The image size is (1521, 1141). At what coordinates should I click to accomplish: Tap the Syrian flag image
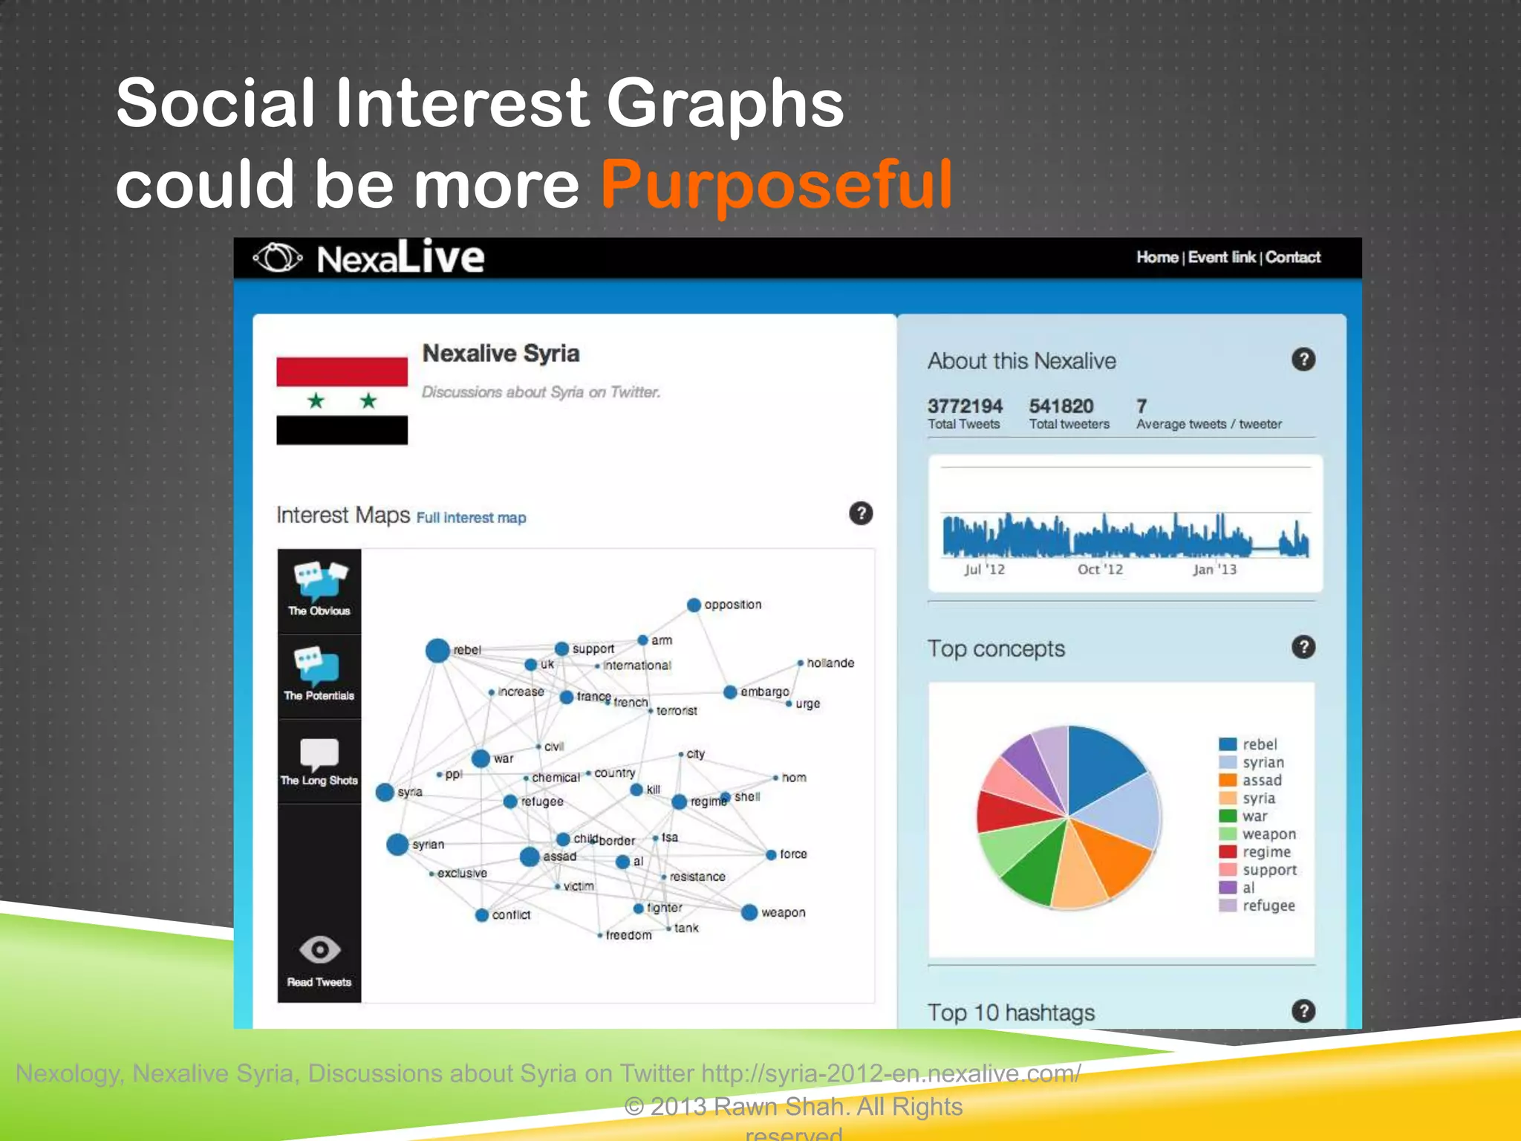tap(342, 401)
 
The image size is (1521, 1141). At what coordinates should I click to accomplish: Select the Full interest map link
tap(471, 518)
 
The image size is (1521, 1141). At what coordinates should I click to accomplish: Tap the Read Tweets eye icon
tap(319, 950)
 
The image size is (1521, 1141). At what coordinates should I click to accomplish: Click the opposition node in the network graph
tap(694, 605)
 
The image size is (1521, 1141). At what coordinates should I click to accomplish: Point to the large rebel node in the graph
tap(437, 650)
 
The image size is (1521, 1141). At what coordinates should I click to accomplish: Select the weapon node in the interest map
tap(749, 912)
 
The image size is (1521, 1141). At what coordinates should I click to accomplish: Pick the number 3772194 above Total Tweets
tap(965, 406)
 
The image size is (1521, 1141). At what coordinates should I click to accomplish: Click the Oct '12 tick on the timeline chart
tap(1100, 569)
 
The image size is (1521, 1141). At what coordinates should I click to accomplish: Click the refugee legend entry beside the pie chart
tap(1267, 906)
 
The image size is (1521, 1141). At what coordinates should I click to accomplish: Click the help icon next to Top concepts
tap(1303, 647)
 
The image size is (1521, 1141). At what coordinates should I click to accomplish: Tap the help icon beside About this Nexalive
tap(1303, 360)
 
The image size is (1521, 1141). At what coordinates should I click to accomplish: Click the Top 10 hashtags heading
tap(1011, 1012)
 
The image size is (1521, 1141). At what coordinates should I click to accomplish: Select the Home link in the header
tap(1156, 257)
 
